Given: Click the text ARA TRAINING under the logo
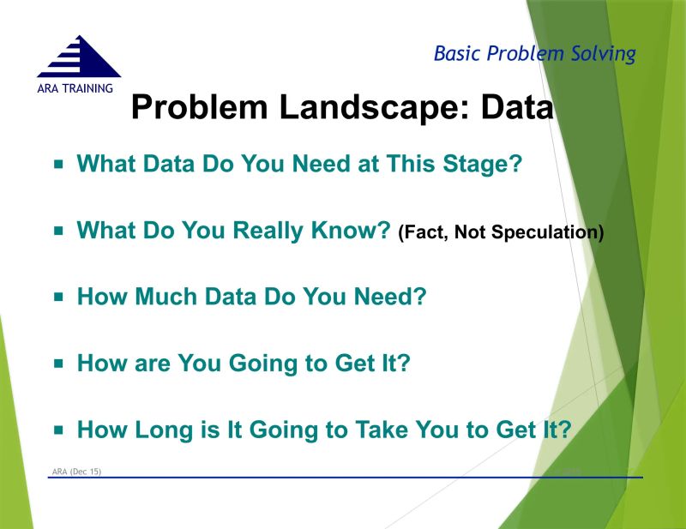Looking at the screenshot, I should (76, 88).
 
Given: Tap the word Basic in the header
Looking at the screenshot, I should (456, 54).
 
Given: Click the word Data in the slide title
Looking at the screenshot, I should (515, 109).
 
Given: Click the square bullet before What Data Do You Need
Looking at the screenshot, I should (59, 163).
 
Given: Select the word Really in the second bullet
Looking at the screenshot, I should (275, 231).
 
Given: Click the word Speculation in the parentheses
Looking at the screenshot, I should (550, 232).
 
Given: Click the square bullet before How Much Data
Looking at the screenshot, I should (59, 297).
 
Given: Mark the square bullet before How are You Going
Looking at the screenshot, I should (59, 363).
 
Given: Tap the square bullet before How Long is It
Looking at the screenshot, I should (59, 430).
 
